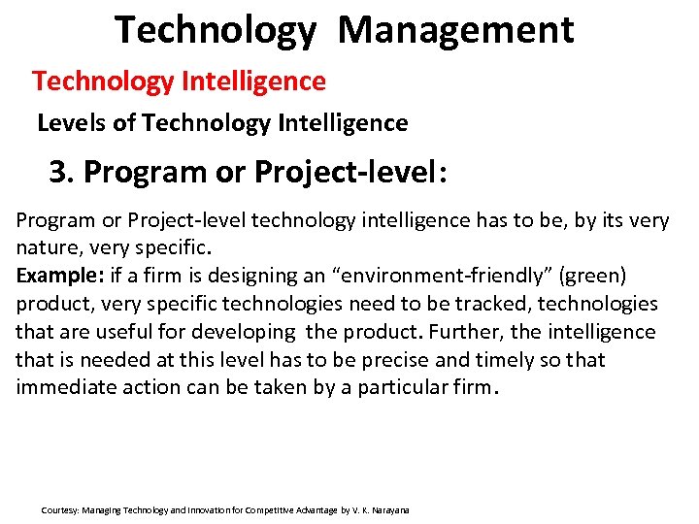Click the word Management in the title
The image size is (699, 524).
[456, 30]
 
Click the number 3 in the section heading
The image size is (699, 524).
[58, 172]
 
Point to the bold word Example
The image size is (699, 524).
[52, 276]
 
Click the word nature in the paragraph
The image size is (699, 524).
[47, 248]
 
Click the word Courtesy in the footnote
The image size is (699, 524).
[60, 509]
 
